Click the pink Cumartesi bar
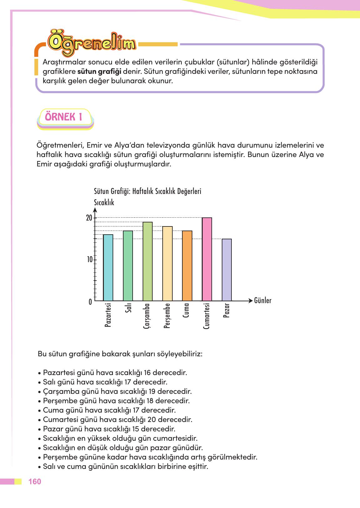click(x=207, y=260)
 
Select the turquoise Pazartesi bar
click(x=108, y=268)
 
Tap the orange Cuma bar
click(x=187, y=266)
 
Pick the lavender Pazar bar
click(x=227, y=270)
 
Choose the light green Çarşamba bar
click(x=147, y=262)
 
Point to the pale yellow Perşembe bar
click(x=167, y=263)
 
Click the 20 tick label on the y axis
click(x=89, y=218)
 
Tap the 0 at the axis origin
click(x=90, y=302)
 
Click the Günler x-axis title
click(x=263, y=301)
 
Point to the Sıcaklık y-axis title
click(x=104, y=203)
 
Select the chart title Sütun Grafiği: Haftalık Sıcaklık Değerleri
click(x=147, y=191)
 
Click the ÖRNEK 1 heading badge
click(x=64, y=117)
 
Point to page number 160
click(x=35, y=481)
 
